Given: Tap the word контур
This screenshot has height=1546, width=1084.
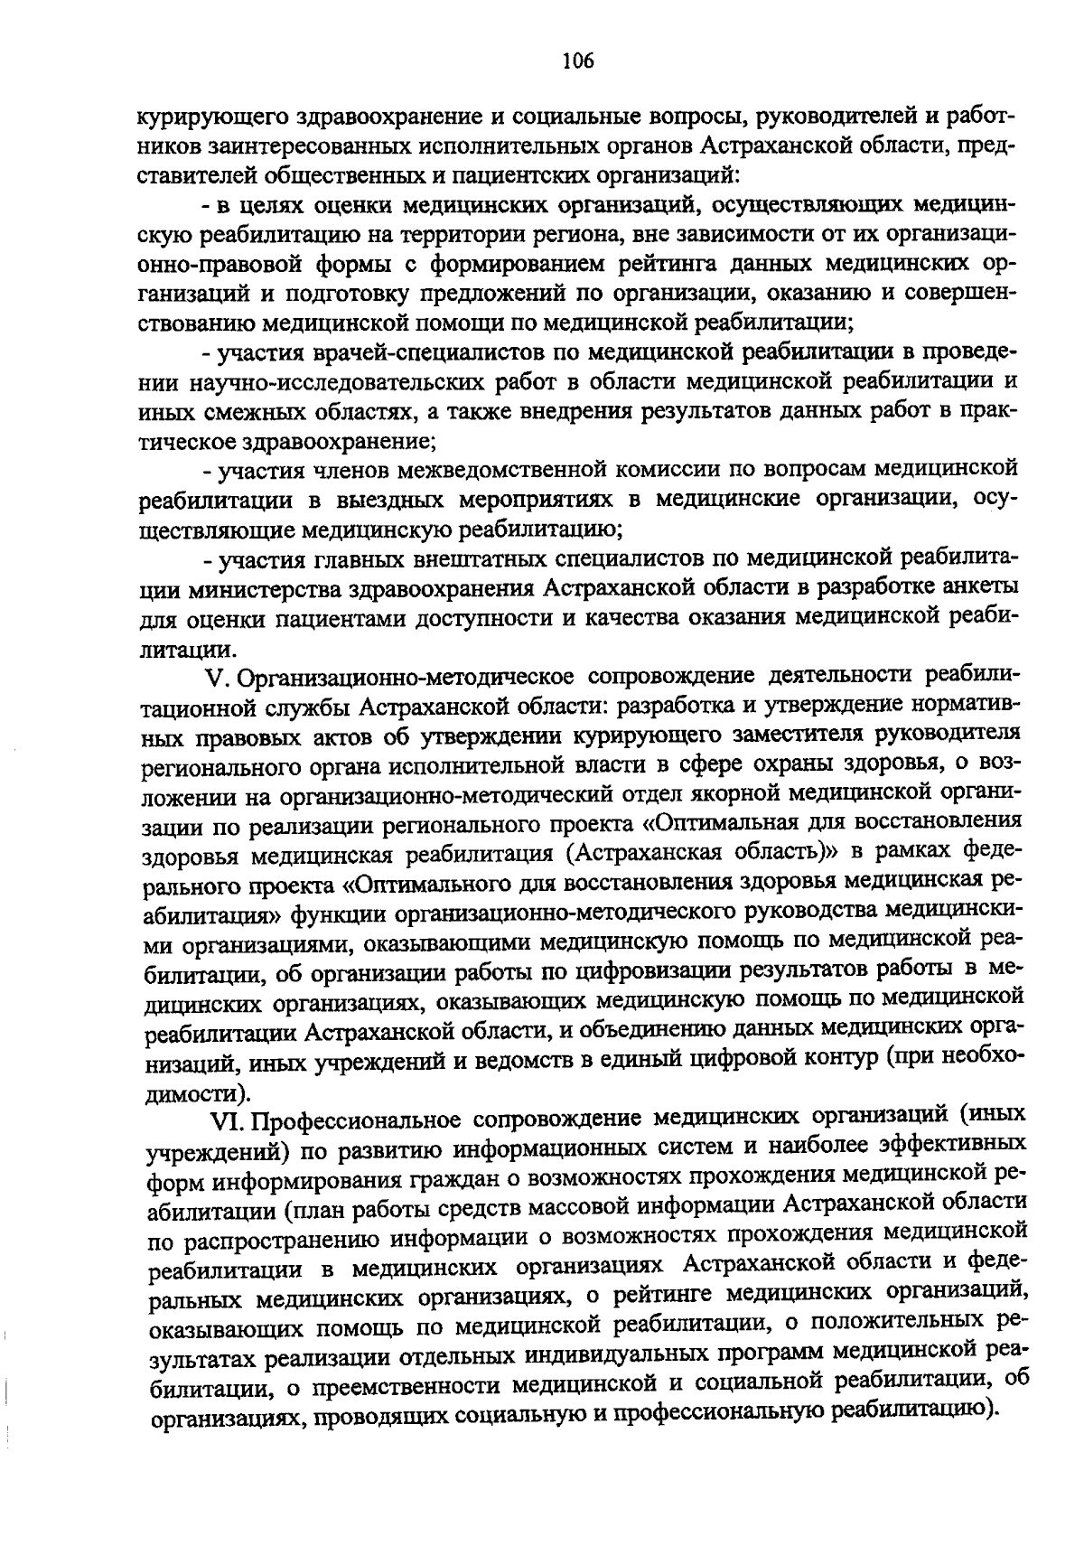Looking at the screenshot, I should (x=834, y=1057).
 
